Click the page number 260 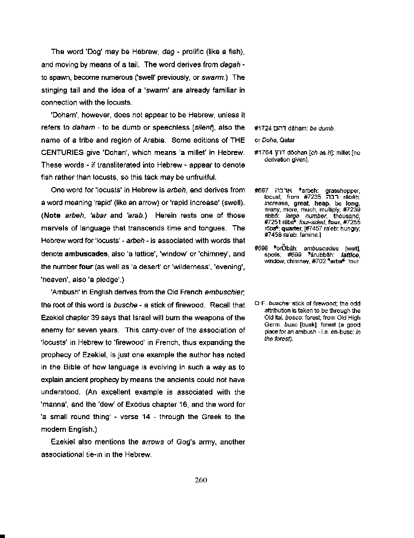coord(201,480)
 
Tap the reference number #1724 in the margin coord(263,129)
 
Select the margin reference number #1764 coord(263,153)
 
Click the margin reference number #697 coord(261,190)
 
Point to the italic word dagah coord(229,64)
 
